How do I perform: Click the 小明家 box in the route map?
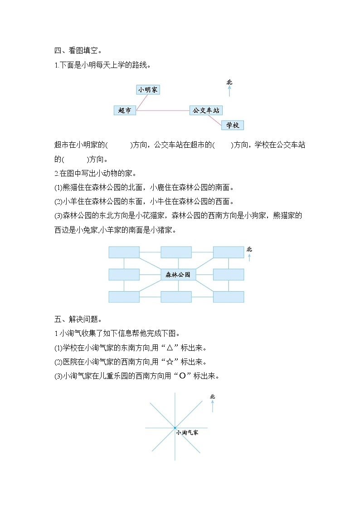point(148,90)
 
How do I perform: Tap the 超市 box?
point(125,110)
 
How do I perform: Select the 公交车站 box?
point(206,110)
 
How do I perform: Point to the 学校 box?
point(233,125)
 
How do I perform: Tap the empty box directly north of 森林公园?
point(176,252)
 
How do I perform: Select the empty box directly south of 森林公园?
point(176,297)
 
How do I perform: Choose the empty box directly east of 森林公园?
point(229,275)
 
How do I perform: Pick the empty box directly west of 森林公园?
point(124,275)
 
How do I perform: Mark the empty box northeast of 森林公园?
point(229,252)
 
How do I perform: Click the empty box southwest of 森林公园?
point(124,297)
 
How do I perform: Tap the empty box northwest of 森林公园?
point(124,252)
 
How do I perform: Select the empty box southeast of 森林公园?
point(229,297)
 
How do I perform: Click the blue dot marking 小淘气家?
point(175,427)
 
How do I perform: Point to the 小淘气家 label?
point(187,433)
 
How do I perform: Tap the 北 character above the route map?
point(229,82)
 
